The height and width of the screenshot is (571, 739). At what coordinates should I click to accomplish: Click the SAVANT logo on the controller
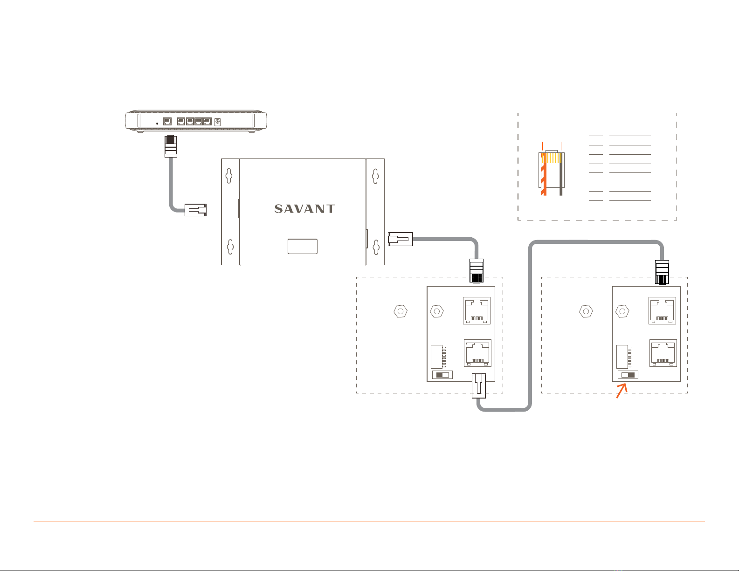tap(304, 209)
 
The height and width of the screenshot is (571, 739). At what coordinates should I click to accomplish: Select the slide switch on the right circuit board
tap(628, 375)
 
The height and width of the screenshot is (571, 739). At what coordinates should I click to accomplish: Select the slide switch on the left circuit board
tap(442, 375)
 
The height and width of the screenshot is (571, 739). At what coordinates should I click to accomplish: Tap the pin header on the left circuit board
tap(437, 356)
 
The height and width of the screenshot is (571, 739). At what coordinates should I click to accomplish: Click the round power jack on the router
tap(217, 122)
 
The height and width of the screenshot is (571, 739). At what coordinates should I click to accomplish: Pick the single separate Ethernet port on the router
tap(167, 122)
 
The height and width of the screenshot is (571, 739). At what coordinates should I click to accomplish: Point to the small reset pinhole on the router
tap(157, 123)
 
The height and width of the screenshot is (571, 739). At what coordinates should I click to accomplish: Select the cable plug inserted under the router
tap(171, 146)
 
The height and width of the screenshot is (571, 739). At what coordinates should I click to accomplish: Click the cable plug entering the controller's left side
tap(196, 210)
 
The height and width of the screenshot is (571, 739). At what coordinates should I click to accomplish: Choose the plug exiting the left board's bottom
tap(479, 386)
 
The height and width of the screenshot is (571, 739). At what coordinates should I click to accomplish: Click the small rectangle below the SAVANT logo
tap(303, 246)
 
